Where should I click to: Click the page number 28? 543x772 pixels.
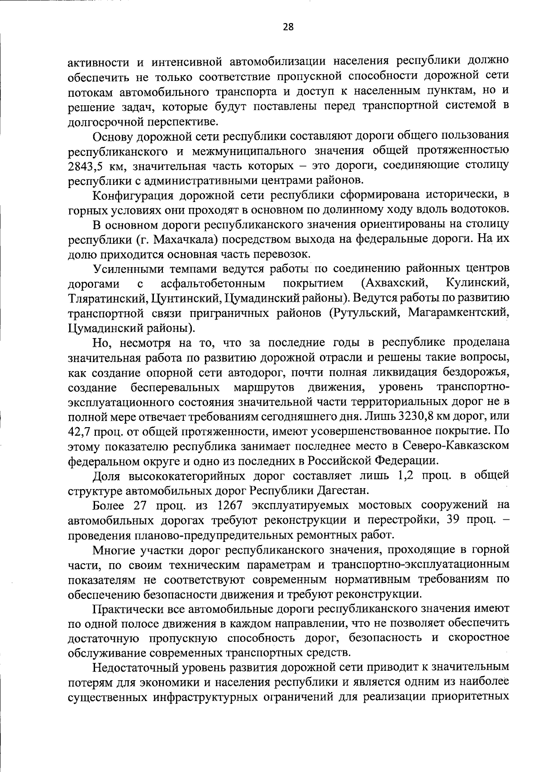tap(288, 27)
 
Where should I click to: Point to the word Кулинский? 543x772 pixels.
tap(477, 283)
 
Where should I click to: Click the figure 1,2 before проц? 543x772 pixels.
tap(402, 475)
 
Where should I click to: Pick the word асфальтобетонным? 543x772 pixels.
tap(212, 283)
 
